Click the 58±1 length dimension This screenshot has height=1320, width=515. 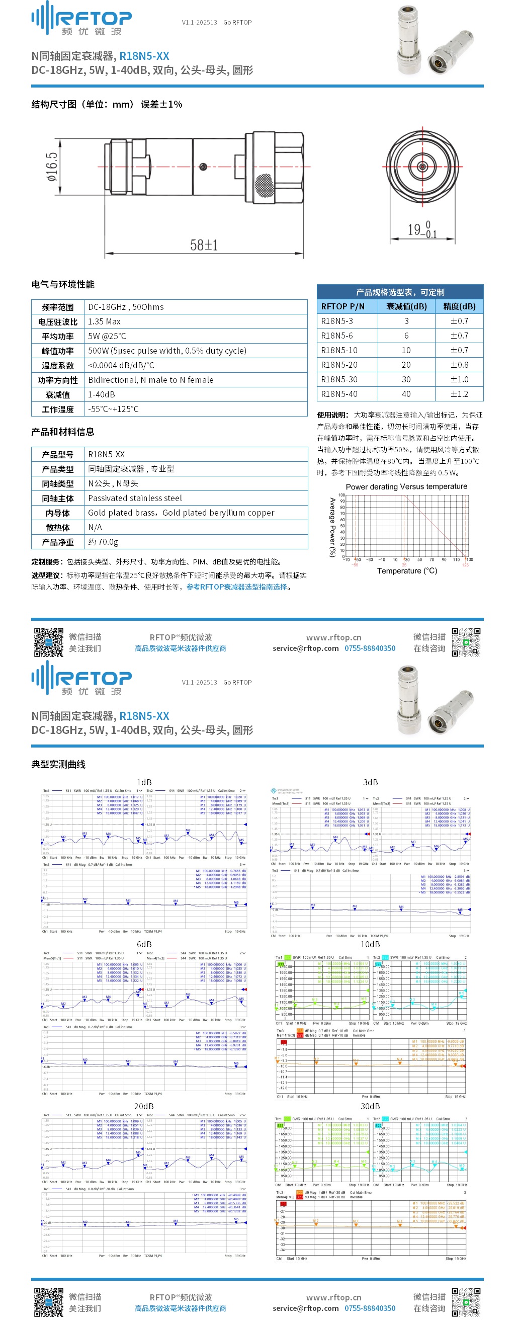click(204, 245)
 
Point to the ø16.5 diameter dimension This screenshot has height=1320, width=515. click(52, 167)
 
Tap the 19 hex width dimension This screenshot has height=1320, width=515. click(422, 229)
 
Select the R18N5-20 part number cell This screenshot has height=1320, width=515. click(339, 365)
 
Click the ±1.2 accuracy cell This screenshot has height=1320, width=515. click(459, 394)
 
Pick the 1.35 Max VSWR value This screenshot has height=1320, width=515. click(105, 322)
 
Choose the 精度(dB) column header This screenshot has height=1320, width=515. click(459, 306)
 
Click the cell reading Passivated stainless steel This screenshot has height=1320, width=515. click(135, 498)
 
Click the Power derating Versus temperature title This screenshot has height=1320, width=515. click(406, 486)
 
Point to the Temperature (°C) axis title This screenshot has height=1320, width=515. click(407, 571)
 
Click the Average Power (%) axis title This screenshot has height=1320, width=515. click(332, 527)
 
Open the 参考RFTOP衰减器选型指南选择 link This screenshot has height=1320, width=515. click(237, 587)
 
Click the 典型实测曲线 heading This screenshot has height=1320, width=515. click(58, 765)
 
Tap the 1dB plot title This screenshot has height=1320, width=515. click(144, 782)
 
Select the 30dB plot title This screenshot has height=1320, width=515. click(370, 1106)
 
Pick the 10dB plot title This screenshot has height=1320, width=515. click(370, 944)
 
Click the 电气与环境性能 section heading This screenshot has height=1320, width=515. click(63, 284)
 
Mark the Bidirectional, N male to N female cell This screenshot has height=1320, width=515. click(151, 380)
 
